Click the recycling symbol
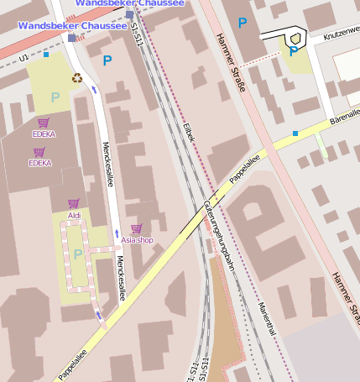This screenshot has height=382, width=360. point(76,79)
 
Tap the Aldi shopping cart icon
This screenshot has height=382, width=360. point(74,204)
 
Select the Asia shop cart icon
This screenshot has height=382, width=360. point(136,228)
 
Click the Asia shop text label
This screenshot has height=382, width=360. point(138,240)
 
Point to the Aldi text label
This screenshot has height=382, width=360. point(74,216)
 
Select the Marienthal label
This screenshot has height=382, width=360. point(267,320)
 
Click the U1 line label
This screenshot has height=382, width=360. point(23,57)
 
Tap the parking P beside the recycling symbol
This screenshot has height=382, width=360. point(55,97)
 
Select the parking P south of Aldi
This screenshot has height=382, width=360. point(78,254)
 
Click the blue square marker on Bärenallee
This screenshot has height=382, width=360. point(295,133)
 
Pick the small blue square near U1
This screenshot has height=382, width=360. point(46,55)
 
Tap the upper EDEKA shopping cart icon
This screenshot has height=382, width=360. point(43,123)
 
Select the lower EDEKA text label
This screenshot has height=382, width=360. point(39,163)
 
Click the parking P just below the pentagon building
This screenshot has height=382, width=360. point(293,52)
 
